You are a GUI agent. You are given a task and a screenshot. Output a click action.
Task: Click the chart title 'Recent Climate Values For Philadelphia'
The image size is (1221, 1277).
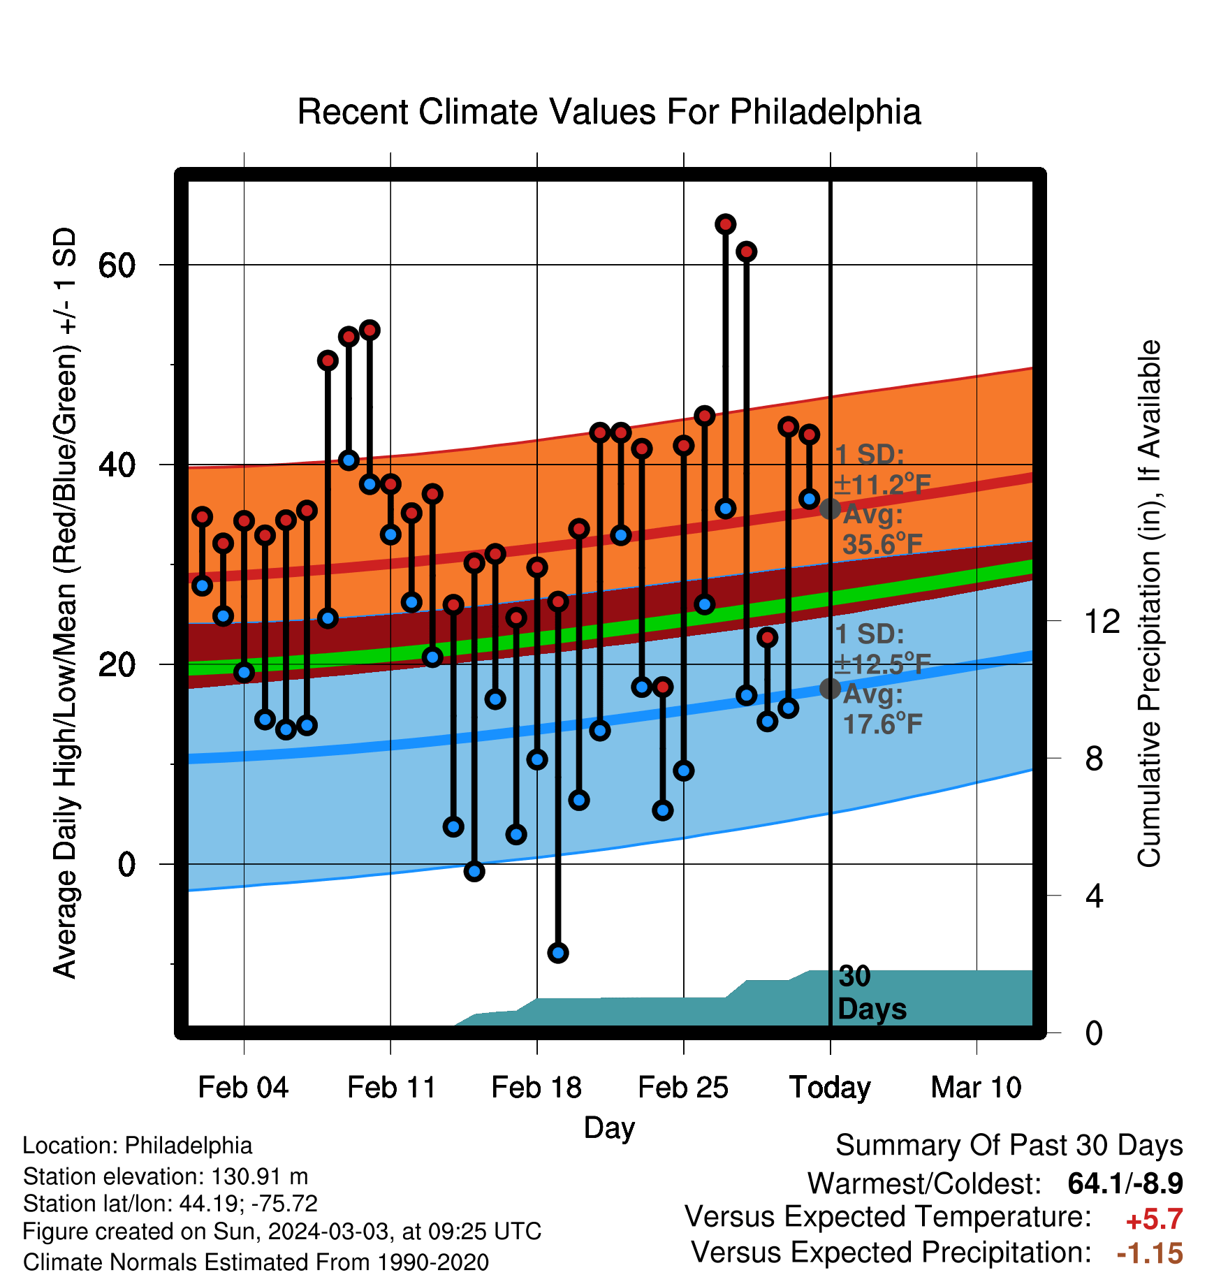tap(609, 112)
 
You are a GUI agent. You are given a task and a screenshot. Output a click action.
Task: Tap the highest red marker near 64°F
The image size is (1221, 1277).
tap(725, 224)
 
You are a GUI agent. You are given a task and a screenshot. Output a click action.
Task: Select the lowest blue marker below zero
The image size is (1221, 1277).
tap(557, 952)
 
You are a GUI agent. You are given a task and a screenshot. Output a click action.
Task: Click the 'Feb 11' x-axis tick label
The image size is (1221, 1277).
tap(391, 1087)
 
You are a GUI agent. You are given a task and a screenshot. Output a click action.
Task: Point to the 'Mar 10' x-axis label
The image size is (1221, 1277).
tap(976, 1087)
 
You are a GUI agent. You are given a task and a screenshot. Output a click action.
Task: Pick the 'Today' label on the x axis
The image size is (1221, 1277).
tap(830, 1088)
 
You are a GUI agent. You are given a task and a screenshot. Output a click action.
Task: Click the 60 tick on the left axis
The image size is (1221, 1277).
tap(117, 265)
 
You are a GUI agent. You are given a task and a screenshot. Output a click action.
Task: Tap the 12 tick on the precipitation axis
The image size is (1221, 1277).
tap(1102, 620)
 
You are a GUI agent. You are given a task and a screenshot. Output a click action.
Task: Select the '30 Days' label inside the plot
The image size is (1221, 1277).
tap(871, 993)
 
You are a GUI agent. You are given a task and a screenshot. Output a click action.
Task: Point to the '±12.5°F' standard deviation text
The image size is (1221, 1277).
tap(882, 664)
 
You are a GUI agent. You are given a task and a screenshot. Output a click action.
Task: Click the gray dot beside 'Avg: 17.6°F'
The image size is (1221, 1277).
tap(830, 689)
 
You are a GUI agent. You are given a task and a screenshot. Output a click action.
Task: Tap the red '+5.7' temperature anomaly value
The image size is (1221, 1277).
tap(1154, 1220)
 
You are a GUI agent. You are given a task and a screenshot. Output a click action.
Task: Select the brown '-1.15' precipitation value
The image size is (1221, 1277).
tap(1150, 1253)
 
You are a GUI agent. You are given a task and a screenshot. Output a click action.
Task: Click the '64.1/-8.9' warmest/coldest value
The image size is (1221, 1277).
tap(1125, 1183)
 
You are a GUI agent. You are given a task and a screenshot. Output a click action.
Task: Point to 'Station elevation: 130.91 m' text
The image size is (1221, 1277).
tap(166, 1176)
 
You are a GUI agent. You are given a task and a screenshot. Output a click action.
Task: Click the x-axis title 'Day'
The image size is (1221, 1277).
tap(609, 1128)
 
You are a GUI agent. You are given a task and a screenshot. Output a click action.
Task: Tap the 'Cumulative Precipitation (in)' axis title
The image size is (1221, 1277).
tap(1149, 604)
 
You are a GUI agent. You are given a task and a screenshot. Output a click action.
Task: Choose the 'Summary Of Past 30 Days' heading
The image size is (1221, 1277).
tap(1009, 1146)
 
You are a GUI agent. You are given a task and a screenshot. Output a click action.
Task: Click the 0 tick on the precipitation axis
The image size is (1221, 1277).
tap(1094, 1032)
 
